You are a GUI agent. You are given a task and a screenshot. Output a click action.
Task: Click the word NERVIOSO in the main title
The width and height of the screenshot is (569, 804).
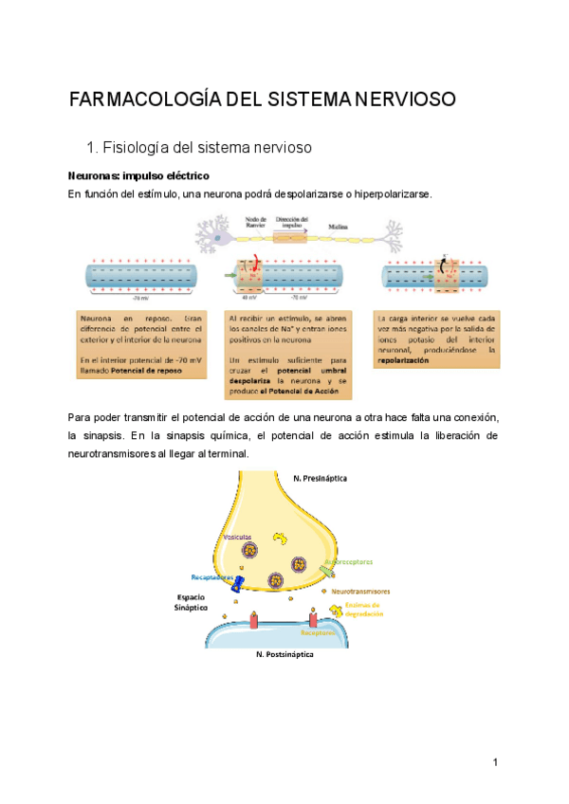coord(403,99)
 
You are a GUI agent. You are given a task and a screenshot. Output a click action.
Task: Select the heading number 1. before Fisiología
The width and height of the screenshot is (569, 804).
coord(92,148)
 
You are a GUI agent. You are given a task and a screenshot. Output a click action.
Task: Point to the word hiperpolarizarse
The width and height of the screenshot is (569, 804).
coord(389,194)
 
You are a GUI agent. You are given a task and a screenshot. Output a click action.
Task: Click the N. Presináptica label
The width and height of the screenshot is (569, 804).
coord(320,479)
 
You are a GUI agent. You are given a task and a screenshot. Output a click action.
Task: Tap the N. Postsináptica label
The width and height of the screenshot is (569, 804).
coord(284,654)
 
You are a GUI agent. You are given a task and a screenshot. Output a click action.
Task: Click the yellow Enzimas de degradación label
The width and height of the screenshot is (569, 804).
coord(361,609)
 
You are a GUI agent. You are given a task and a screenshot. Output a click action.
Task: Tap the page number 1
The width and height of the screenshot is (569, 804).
coord(495,763)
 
